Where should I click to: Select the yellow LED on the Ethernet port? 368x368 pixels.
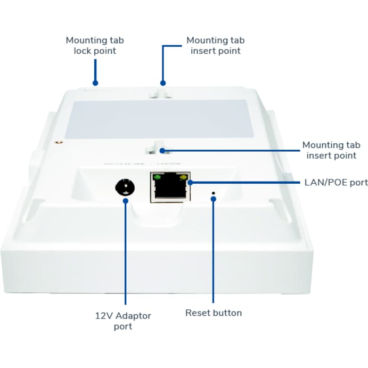pos(184,177)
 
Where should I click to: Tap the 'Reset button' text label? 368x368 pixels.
pos(213,313)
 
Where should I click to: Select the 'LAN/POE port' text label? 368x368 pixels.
pos(335,183)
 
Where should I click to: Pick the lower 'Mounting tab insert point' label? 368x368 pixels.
pos(331,150)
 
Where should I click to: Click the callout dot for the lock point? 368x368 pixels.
pos(95,83)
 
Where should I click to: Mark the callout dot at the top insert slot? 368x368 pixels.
pos(163,83)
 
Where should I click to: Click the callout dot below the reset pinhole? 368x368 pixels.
pos(213,199)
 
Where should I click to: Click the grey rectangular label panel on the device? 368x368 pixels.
pos(158,120)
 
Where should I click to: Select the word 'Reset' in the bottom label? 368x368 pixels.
pos(197,313)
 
